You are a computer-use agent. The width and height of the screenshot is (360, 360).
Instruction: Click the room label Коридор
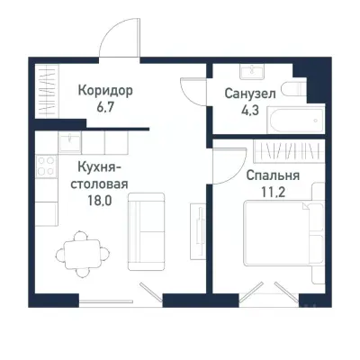click(105, 90)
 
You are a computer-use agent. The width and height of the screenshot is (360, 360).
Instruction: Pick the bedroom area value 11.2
click(272, 193)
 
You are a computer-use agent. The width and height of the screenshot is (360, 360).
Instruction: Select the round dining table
click(76, 250)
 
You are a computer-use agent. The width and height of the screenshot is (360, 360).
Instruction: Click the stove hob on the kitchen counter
click(43, 164)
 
